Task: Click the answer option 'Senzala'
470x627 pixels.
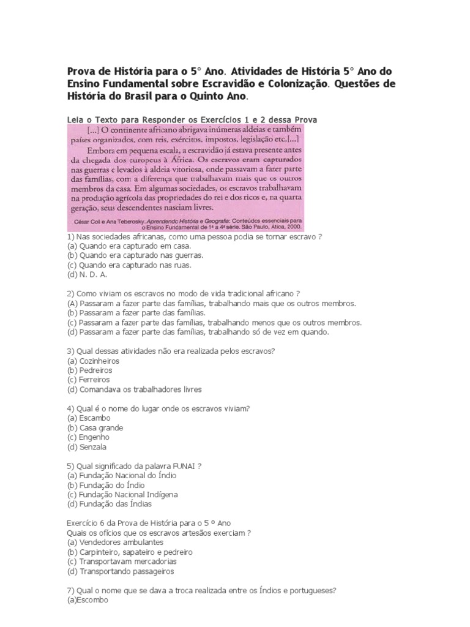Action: (x=92, y=447)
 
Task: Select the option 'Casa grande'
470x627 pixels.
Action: (x=100, y=427)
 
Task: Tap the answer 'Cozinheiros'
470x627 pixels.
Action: (x=99, y=361)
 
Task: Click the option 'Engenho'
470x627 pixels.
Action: (x=94, y=437)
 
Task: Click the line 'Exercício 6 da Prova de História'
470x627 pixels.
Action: (x=149, y=523)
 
